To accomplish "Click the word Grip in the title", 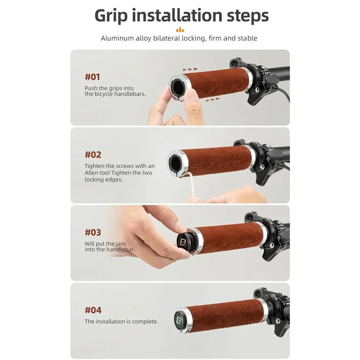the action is (111, 16).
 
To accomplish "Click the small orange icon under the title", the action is (180, 30).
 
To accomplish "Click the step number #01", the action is (92, 77).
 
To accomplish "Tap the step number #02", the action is (93, 155).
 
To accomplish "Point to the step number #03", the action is (93, 233).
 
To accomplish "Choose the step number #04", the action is (93, 310).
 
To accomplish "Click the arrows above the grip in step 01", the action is (190, 69).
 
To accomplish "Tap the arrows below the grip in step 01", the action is (212, 99).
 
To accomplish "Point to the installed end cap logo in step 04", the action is (179, 320).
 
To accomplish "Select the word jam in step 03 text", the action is (121, 244).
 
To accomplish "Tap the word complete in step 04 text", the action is (144, 322).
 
